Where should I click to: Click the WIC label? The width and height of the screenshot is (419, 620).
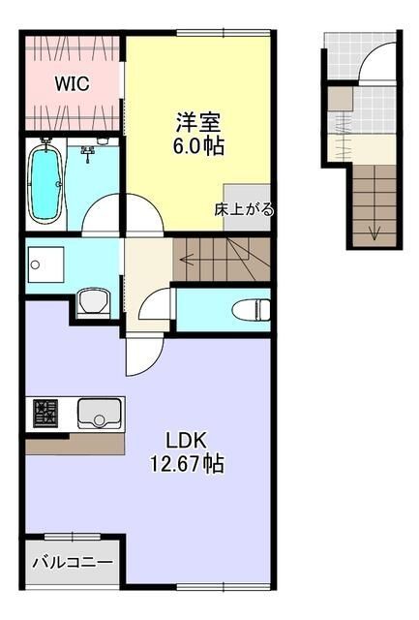[72, 84]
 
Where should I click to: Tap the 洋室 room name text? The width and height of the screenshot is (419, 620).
[198, 123]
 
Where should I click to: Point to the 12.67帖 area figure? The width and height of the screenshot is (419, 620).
[188, 464]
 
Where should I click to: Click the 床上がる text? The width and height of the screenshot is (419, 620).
[244, 208]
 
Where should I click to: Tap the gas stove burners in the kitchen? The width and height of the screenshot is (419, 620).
[46, 414]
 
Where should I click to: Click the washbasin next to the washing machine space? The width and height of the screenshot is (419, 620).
[93, 303]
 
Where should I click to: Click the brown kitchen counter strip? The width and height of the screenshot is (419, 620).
[75, 444]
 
